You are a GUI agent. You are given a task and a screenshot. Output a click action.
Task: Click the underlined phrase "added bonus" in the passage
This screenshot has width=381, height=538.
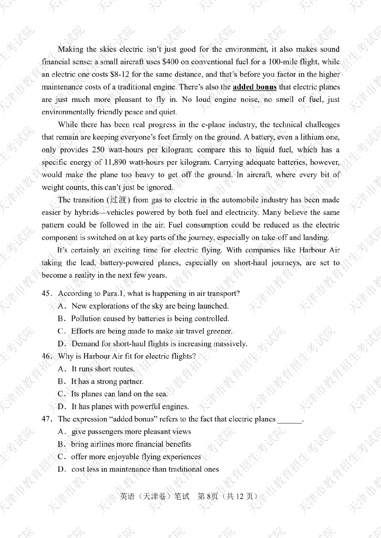(255, 87)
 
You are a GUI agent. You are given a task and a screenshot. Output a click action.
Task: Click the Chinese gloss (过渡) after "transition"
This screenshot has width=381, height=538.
(118, 200)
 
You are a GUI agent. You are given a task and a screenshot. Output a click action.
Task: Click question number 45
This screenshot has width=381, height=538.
(46, 293)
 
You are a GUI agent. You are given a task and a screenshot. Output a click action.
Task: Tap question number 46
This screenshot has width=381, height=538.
(46, 356)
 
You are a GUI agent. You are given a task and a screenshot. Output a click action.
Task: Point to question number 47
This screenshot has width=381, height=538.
(46, 419)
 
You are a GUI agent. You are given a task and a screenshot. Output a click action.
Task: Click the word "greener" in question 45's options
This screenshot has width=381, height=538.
(219, 331)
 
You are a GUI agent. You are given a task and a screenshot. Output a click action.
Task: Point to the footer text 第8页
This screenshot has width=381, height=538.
(208, 496)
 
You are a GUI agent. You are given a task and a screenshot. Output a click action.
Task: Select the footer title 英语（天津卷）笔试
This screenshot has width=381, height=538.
(155, 496)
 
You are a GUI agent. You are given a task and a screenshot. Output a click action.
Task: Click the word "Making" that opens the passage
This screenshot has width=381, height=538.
(70, 49)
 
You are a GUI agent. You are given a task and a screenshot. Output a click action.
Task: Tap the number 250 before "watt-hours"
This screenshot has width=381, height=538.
(98, 149)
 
